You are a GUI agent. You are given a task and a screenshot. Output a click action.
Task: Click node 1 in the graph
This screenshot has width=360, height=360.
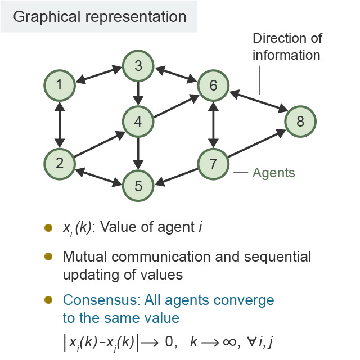click(x=59, y=85)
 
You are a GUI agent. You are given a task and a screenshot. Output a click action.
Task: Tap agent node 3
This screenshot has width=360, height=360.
click(x=138, y=65)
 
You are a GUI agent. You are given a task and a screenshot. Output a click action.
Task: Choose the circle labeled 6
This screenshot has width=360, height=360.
click(x=213, y=85)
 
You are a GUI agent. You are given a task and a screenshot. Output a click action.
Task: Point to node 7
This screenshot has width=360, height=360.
click(x=213, y=164)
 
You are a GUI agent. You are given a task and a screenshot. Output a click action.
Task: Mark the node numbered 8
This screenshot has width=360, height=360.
click(x=300, y=121)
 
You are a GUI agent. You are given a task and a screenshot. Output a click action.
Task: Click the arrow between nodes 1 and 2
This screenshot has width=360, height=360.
click(x=59, y=124)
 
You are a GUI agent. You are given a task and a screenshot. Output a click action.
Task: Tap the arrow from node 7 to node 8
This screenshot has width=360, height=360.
click(x=257, y=143)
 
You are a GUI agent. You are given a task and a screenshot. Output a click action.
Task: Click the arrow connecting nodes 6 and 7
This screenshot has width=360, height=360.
click(x=213, y=125)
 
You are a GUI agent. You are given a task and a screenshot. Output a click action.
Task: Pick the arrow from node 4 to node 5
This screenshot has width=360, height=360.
click(x=138, y=153)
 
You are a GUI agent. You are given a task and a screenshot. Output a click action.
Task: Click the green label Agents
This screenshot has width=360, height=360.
click(x=273, y=173)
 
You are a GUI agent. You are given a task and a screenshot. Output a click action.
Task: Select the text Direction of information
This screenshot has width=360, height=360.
click(x=286, y=47)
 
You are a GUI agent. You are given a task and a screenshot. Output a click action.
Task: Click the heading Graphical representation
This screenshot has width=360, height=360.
click(x=100, y=16)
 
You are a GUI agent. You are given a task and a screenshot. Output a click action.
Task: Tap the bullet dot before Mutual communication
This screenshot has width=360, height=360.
click(x=49, y=256)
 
